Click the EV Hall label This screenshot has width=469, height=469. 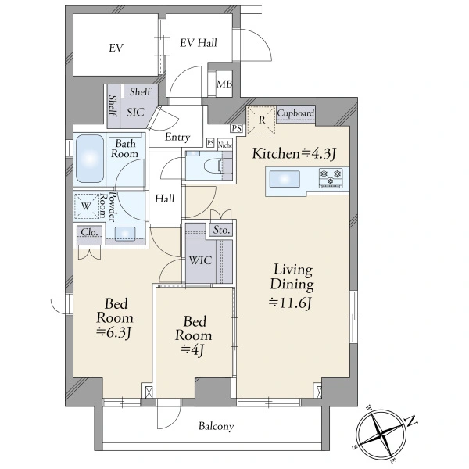click(199, 43)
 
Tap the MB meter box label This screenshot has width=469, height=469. click(224, 84)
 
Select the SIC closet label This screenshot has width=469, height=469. click(135, 112)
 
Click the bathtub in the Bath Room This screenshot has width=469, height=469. click(90, 159)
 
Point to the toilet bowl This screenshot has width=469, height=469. click(213, 165)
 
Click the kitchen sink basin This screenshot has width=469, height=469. click(285, 179)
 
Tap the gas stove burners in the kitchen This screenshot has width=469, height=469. click(331, 177)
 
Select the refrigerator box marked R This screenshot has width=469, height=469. click(261, 120)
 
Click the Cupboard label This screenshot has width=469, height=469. click(295, 113)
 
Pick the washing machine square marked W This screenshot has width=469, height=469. click(86, 206)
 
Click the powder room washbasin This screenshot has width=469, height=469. click(125, 233)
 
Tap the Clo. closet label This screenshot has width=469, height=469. click(89, 232)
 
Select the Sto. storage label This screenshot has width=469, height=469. click(221, 230)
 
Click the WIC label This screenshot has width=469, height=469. click(200, 260)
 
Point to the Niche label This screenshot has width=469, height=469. click(225, 145)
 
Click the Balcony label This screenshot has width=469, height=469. click(217, 426)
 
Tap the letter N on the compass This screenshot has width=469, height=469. click(412, 421)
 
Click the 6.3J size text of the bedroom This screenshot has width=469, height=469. click(114, 333)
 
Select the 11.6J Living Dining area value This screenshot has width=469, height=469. click(292, 303)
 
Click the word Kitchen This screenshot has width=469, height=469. click(275, 153)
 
